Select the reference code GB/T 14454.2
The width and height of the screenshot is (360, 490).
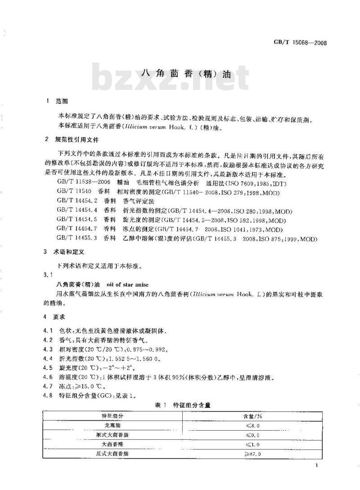[76, 201]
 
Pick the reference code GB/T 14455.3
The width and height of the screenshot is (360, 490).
[76, 239]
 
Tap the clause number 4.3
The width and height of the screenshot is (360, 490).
[49, 349]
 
